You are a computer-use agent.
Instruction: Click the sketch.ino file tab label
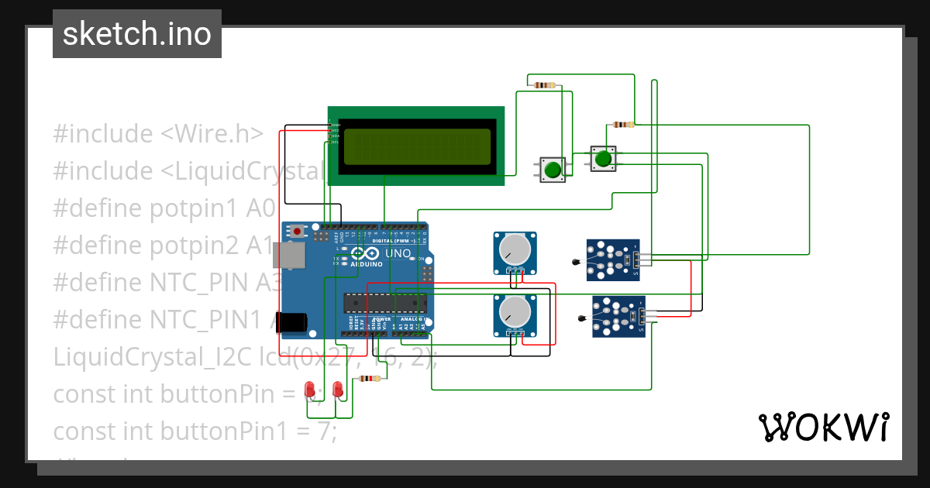136,34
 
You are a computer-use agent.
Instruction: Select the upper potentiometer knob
513,249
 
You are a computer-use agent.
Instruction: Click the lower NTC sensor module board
618,316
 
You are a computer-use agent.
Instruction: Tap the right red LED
337,388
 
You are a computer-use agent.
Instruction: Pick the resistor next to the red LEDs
368,379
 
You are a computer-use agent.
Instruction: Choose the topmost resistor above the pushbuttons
545,84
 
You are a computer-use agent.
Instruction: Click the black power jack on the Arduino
294,321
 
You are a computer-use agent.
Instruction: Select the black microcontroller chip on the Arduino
384,304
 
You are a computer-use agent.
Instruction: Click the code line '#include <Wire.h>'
158,134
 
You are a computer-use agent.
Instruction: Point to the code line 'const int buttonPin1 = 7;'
195,431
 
